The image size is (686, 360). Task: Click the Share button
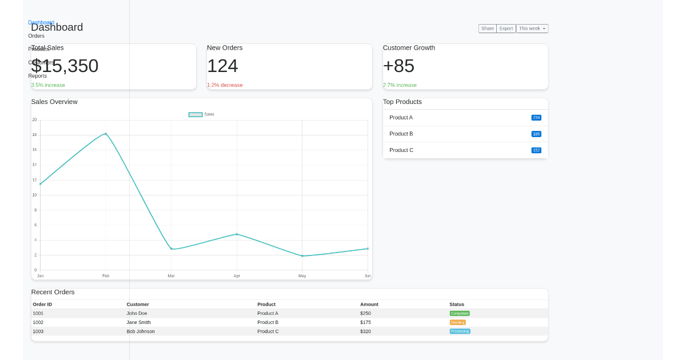(x=487, y=29)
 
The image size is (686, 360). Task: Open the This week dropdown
(x=532, y=29)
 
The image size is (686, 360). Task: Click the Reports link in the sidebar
(x=38, y=76)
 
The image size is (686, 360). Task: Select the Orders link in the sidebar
(x=37, y=36)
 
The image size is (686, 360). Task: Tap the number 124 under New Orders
(x=222, y=66)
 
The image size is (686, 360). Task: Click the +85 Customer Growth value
(x=398, y=66)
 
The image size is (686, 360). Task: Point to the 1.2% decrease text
(x=225, y=85)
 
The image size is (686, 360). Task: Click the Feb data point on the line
(x=106, y=134)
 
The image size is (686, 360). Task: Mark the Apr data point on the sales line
(x=237, y=234)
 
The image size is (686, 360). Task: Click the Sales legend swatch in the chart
(x=196, y=114)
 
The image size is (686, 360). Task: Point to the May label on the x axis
(x=302, y=276)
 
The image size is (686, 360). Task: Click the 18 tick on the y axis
(x=34, y=135)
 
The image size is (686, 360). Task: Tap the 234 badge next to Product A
(x=536, y=118)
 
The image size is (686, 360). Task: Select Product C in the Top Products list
(x=401, y=150)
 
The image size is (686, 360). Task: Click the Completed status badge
(x=460, y=313)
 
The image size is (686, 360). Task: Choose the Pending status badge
(x=457, y=322)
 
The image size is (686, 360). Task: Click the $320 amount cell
(x=365, y=331)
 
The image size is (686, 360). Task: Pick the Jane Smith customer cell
(x=138, y=322)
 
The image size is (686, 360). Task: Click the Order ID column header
(x=42, y=305)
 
